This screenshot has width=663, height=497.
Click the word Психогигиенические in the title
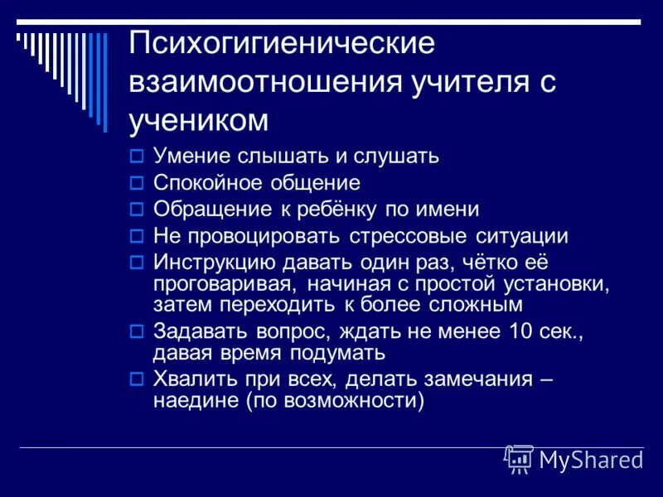tap(282, 44)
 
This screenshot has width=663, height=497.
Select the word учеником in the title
tap(199, 121)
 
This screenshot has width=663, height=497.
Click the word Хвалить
tap(189, 380)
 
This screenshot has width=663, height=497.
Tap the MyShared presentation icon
tap(520, 458)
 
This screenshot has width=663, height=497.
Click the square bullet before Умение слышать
tap(138, 155)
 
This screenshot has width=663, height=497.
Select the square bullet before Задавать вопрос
tap(138, 333)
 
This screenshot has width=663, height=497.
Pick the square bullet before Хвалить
tap(138, 380)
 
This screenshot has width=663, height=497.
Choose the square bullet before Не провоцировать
tap(138, 236)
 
